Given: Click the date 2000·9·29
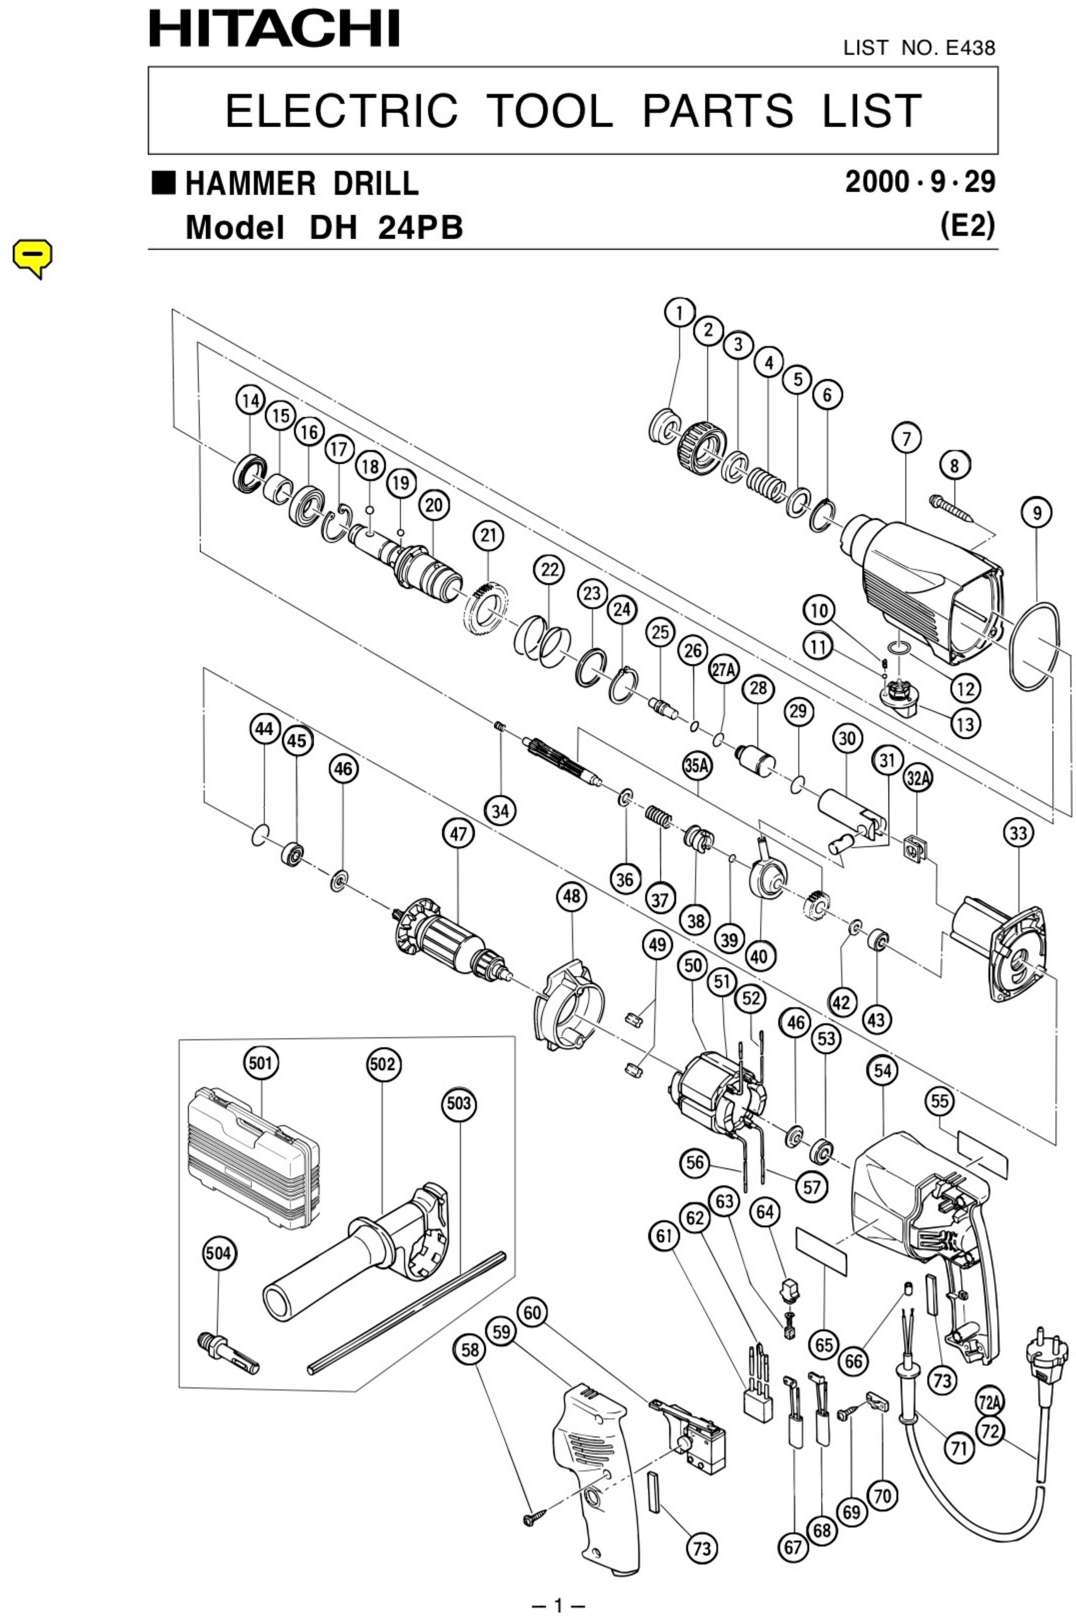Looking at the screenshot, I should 919,182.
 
